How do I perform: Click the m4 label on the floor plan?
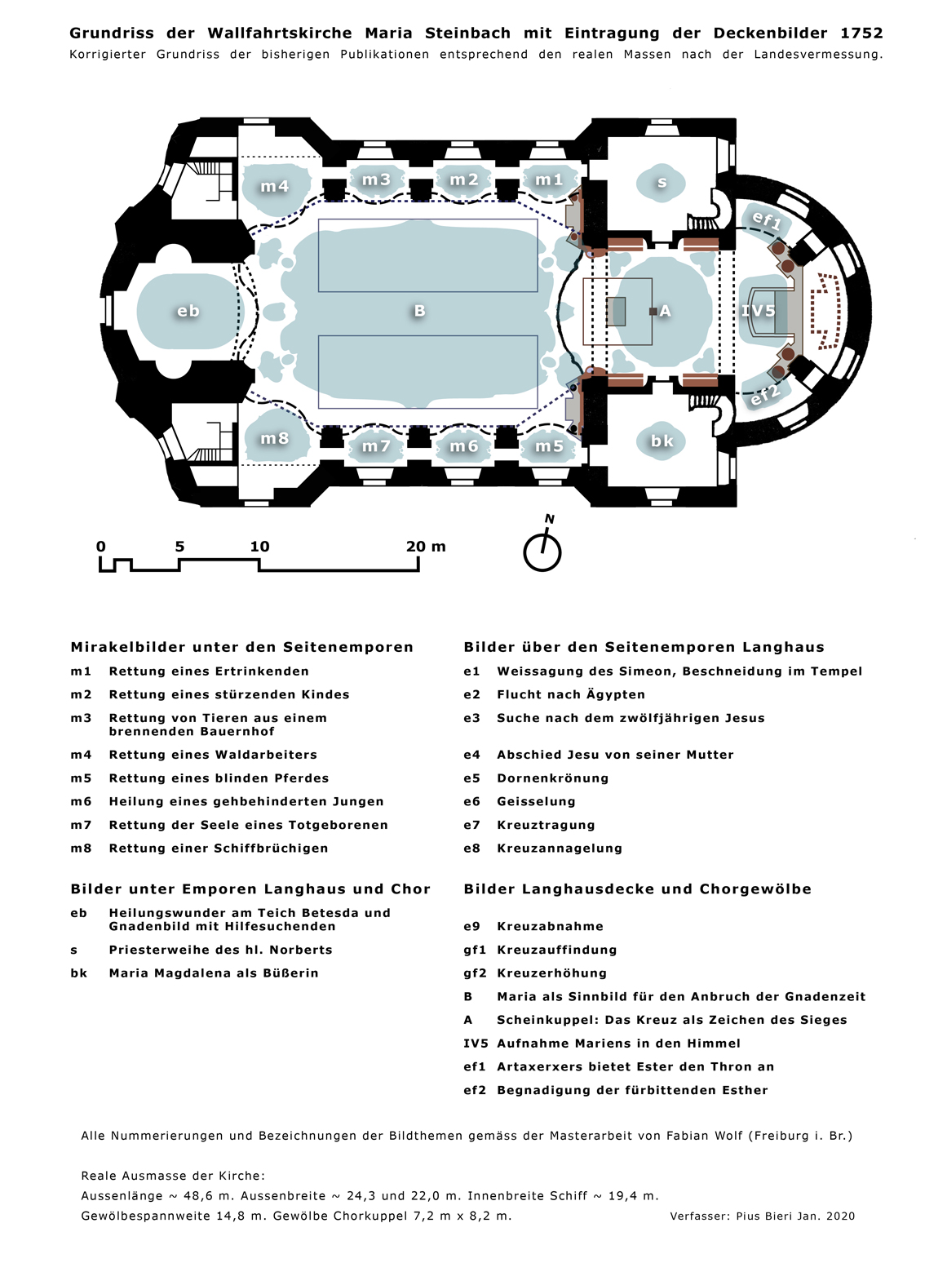[x=274, y=186]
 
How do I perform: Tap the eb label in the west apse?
[x=188, y=311]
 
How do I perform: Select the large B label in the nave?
[x=419, y=311]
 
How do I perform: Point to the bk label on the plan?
[x=662, y=441]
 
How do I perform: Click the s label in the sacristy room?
[x=662, y=183]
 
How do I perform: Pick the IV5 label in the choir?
[x=759, y=311]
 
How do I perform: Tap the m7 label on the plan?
[x=376, y=446]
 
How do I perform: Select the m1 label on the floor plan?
[x=549, y=179]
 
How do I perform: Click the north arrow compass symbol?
[x=542, y=547]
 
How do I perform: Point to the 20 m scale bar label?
[x=426, y=547]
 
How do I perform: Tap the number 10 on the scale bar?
[x=259, y=547]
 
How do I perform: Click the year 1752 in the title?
[x=861, y=33]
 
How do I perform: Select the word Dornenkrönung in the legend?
[x=552, y=778]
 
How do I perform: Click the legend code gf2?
[x=475, y=973]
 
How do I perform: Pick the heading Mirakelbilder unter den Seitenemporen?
[x=241, y=647]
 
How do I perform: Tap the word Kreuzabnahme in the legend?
[x=550, y=927]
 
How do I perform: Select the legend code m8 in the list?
[x=81, y=849]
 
